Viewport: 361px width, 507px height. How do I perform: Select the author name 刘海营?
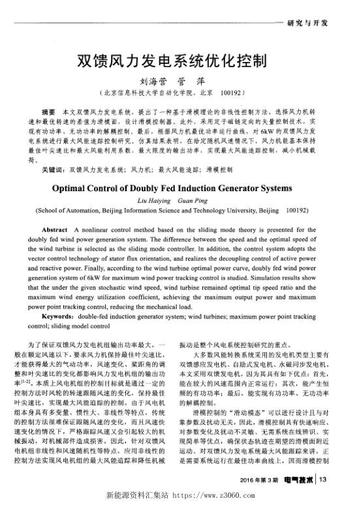tap(152, 83)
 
